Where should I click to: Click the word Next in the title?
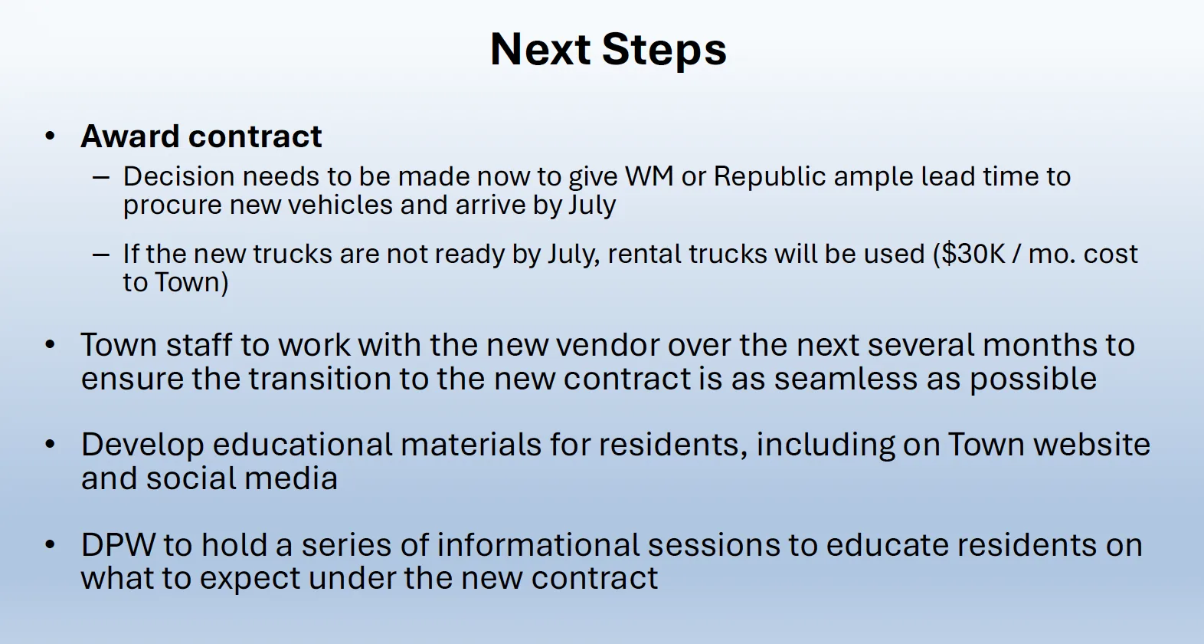540,50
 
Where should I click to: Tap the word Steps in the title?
664,51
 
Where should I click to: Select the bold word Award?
129,136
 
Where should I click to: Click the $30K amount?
970,254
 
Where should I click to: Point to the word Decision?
179,176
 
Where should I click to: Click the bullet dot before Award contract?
50,136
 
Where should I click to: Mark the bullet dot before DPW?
50,545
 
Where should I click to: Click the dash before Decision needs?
100,177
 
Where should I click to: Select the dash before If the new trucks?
100,255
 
